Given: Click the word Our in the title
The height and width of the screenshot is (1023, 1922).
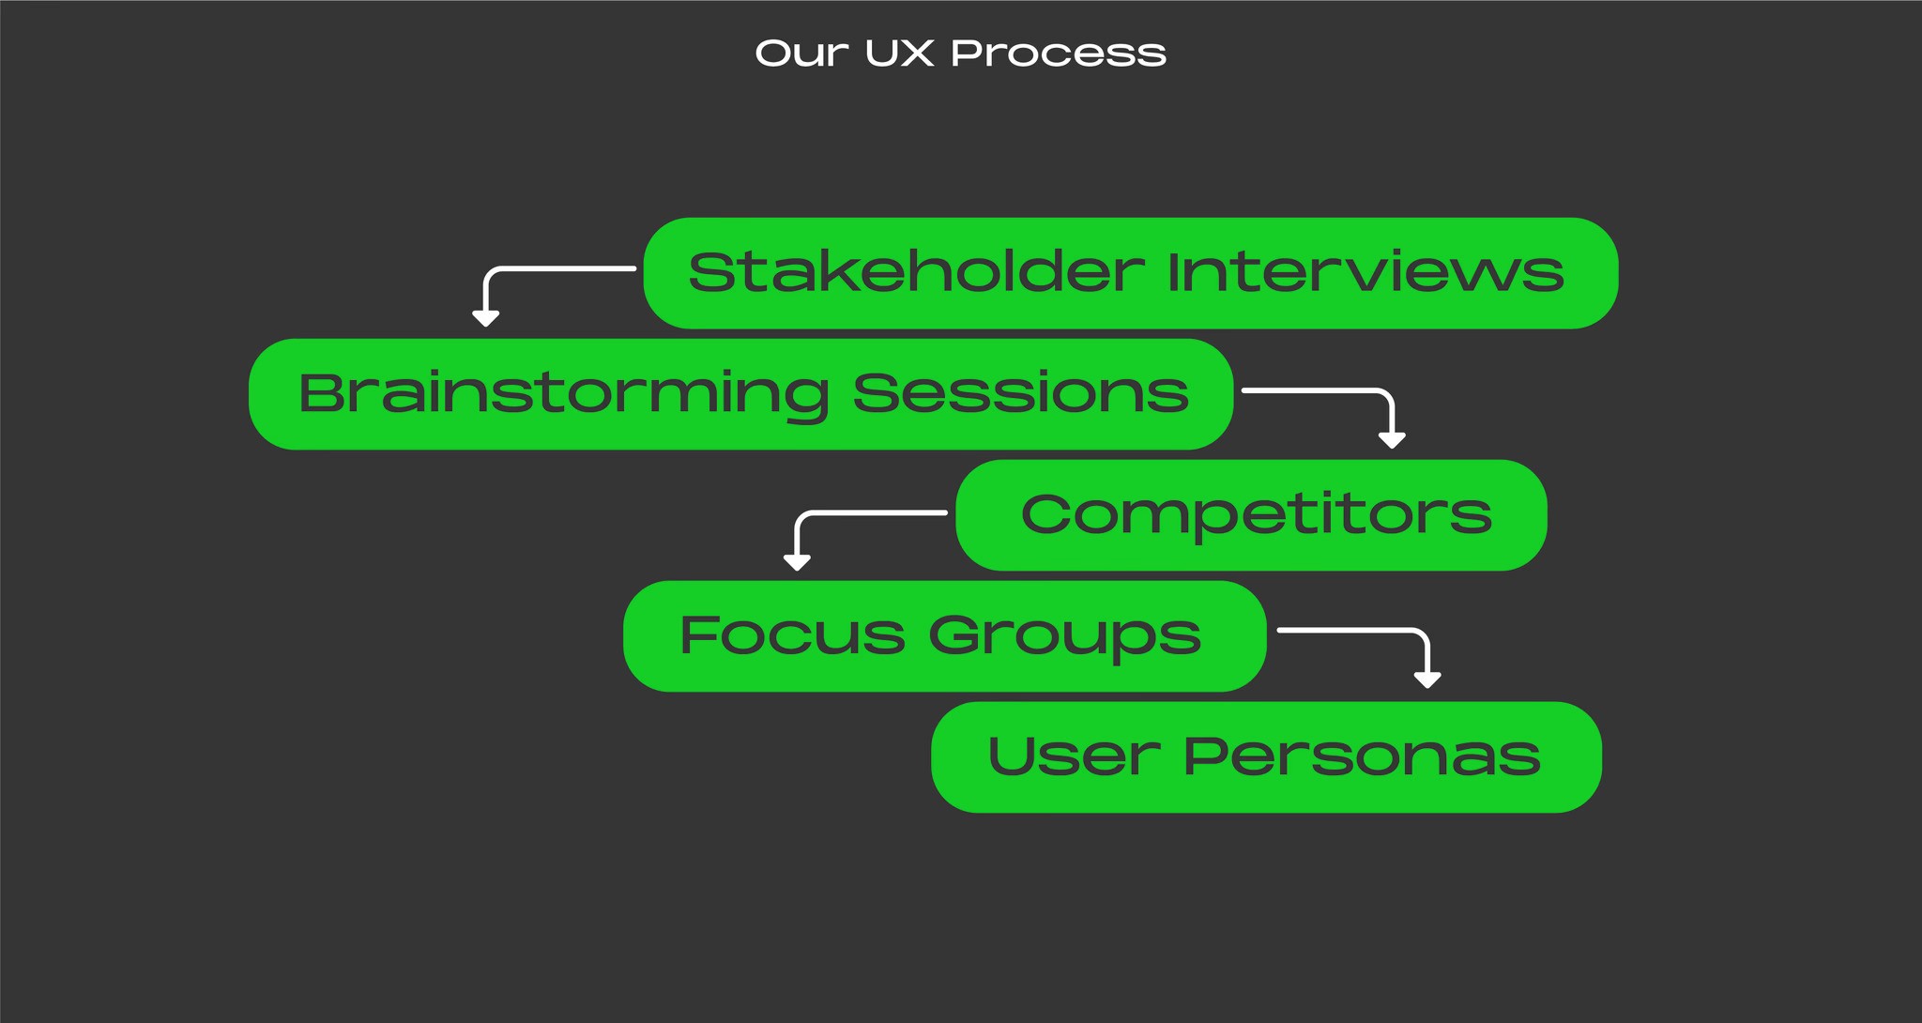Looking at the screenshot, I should [x=801, y=53].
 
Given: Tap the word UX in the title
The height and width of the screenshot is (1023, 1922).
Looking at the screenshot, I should [x=899, y=53].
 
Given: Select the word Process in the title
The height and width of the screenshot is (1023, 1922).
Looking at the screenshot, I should [x=1059, y=53].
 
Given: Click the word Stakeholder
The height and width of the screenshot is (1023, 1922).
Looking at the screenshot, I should [x=916, y=272].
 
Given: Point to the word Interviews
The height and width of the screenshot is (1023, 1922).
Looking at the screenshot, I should [x=1365, y=272].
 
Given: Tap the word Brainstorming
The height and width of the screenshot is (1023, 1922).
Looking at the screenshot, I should [x=563, y=393].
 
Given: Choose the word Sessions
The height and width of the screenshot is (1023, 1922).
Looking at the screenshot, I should [x=1021, y=393].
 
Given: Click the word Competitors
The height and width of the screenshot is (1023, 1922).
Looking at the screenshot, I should [x=1256, y=514].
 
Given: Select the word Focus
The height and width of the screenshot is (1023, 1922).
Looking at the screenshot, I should [x=792, y=635].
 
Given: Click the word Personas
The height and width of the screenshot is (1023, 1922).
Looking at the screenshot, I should [x=1362, y=756].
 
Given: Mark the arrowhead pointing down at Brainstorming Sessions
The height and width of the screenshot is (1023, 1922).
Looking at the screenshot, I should [x=485, y=318].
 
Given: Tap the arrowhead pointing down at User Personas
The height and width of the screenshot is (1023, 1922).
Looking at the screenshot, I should [x=1427, y=679].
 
